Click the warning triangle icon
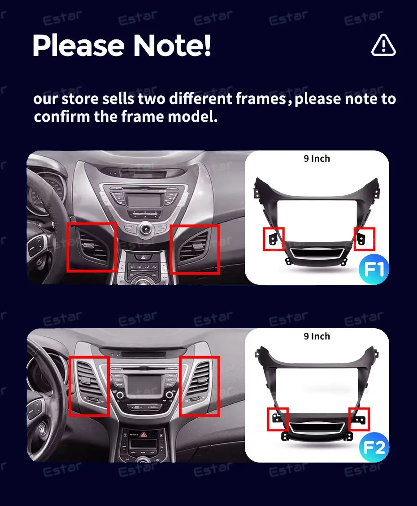383,45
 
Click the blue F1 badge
374,269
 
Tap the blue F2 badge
374,447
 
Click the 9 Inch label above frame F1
317,159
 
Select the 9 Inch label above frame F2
317,336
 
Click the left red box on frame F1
274,239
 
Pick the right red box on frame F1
365,239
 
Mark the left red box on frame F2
278,419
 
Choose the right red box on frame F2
359,419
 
